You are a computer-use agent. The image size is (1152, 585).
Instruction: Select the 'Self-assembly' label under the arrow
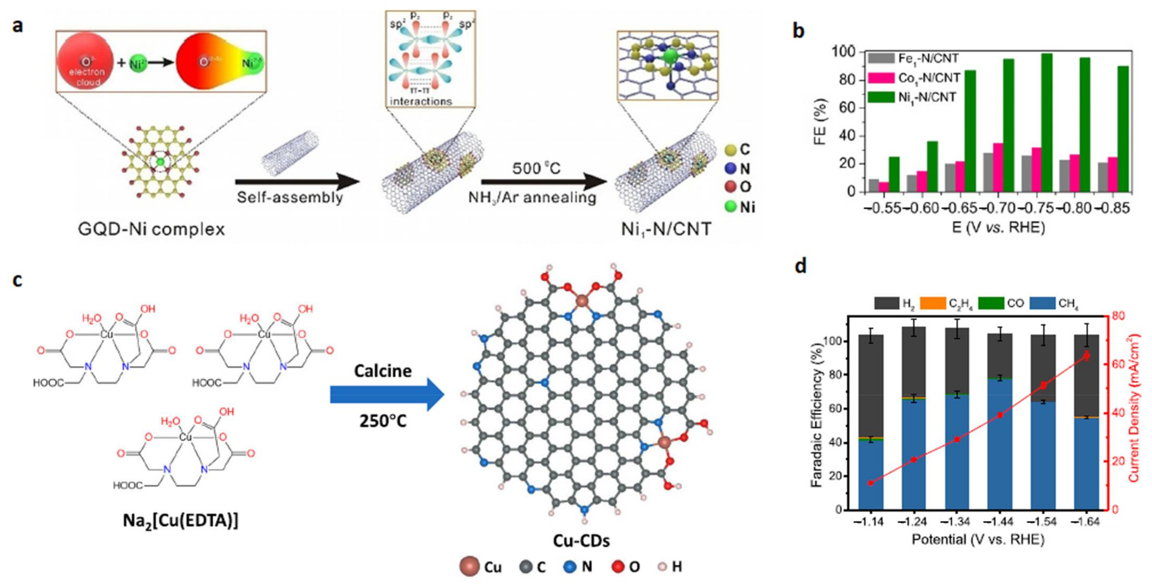(290, 197)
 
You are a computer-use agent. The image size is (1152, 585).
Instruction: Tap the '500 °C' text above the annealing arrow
(536, 169)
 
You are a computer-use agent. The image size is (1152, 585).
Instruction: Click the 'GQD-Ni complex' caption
(151, 229)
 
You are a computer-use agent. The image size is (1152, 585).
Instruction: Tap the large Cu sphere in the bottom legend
(469, 567)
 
